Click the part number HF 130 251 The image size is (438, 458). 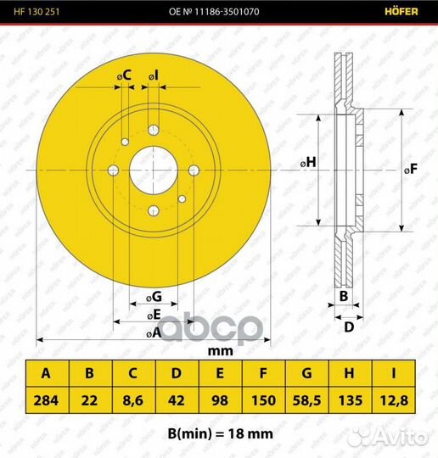[x=36, y=12]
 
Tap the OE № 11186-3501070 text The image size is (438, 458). [x=214, y=12]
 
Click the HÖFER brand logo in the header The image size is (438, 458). [x=401, y=11]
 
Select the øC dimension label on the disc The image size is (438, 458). [x=124, y=75]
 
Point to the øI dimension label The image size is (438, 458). [x=154, y=75]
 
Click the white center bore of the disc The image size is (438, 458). [x=154, y=170]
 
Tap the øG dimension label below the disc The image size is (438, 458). [x=154, y=297]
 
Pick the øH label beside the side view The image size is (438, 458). [x=308, y=162]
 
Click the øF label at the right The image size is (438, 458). [x=411, y=169]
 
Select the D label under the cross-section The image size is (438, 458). [x=349, y=327]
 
